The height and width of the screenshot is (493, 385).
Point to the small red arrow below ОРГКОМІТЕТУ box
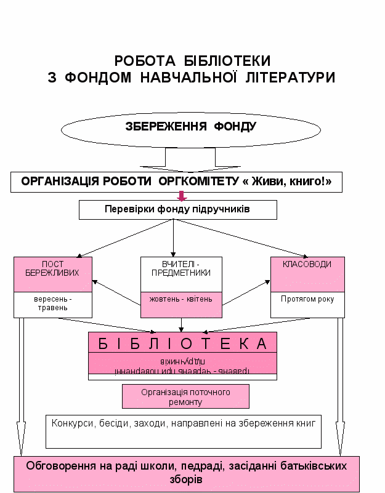(x=181, y=196)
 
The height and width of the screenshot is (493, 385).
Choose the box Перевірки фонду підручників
(x=177, y=209)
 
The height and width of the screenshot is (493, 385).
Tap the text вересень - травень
(x=52, y=304)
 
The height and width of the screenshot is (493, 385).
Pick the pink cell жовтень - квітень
(x=180, y=299)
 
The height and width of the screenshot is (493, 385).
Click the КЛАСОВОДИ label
(x=307, y=265)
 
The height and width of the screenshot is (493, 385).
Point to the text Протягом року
(x=307, y=300)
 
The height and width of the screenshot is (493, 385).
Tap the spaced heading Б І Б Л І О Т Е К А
(x=182, y=343)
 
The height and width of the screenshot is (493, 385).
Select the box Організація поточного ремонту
(x=185, y=396)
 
